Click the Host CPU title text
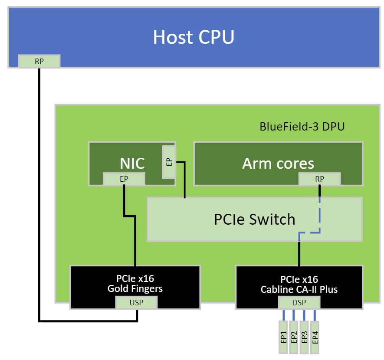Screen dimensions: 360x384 tap(194, 37)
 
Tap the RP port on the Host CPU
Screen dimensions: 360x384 tap(39, 61)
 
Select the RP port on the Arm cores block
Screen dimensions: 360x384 tap(320, 179)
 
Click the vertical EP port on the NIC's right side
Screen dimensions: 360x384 tap(169, 162)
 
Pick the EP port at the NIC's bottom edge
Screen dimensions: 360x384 tap(124, 179)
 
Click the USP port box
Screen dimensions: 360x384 tap(136, 302)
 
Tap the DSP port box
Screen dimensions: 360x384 tap(299, 302)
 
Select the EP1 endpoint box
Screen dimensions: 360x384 tap(283, 337)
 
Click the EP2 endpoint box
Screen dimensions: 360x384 tap(294, 337)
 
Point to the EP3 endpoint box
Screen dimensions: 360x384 tap(305, 337)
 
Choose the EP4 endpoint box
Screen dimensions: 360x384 tap(315, 337)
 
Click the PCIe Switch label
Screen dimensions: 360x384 tap(255, 219)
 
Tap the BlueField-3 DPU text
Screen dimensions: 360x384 tap(302, 127)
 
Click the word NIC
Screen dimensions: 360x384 tap(132, 163)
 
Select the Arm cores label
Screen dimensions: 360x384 tap(278, 163)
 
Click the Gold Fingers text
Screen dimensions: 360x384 tap(135, 288)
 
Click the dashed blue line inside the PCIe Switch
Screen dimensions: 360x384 tap(320, 217)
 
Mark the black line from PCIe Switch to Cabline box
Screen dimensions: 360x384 tap(299, 254)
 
